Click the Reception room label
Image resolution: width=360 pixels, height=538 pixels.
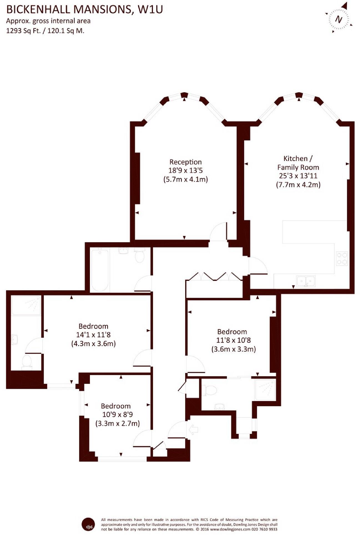(185, 162)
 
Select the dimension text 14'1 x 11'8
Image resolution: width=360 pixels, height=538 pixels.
(93, 335)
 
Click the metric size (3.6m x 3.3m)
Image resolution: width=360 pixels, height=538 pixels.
(233, 349)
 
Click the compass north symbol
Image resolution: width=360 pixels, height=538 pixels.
(339, 19)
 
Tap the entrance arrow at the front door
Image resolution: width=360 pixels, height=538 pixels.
(193, 429)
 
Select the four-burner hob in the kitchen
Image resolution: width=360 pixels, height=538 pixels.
(342, 258)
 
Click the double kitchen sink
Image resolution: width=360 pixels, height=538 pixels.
(306, 281)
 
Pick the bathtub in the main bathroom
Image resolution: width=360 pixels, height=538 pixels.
(100, 269)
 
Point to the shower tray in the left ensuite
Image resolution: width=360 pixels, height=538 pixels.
(26, 305)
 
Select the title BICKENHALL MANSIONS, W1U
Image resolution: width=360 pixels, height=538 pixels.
(84, 9)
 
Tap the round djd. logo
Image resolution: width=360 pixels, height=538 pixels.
(88, 524)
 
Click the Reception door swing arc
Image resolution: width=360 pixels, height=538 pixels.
(218, 232)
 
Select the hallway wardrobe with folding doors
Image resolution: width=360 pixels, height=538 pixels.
(214, 286)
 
